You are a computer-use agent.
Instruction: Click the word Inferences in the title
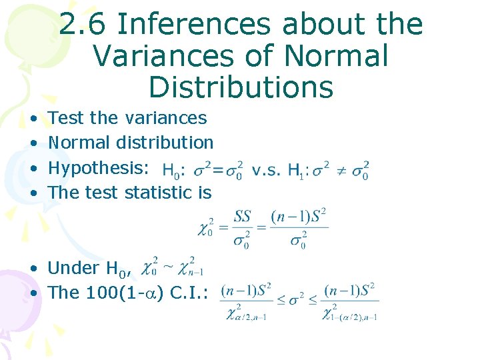[193, 25]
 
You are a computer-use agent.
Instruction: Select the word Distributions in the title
[241, 87]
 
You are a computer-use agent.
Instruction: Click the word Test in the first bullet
[66, 118]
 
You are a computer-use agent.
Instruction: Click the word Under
[73, 268]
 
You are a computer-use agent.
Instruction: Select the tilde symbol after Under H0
[170, 267]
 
